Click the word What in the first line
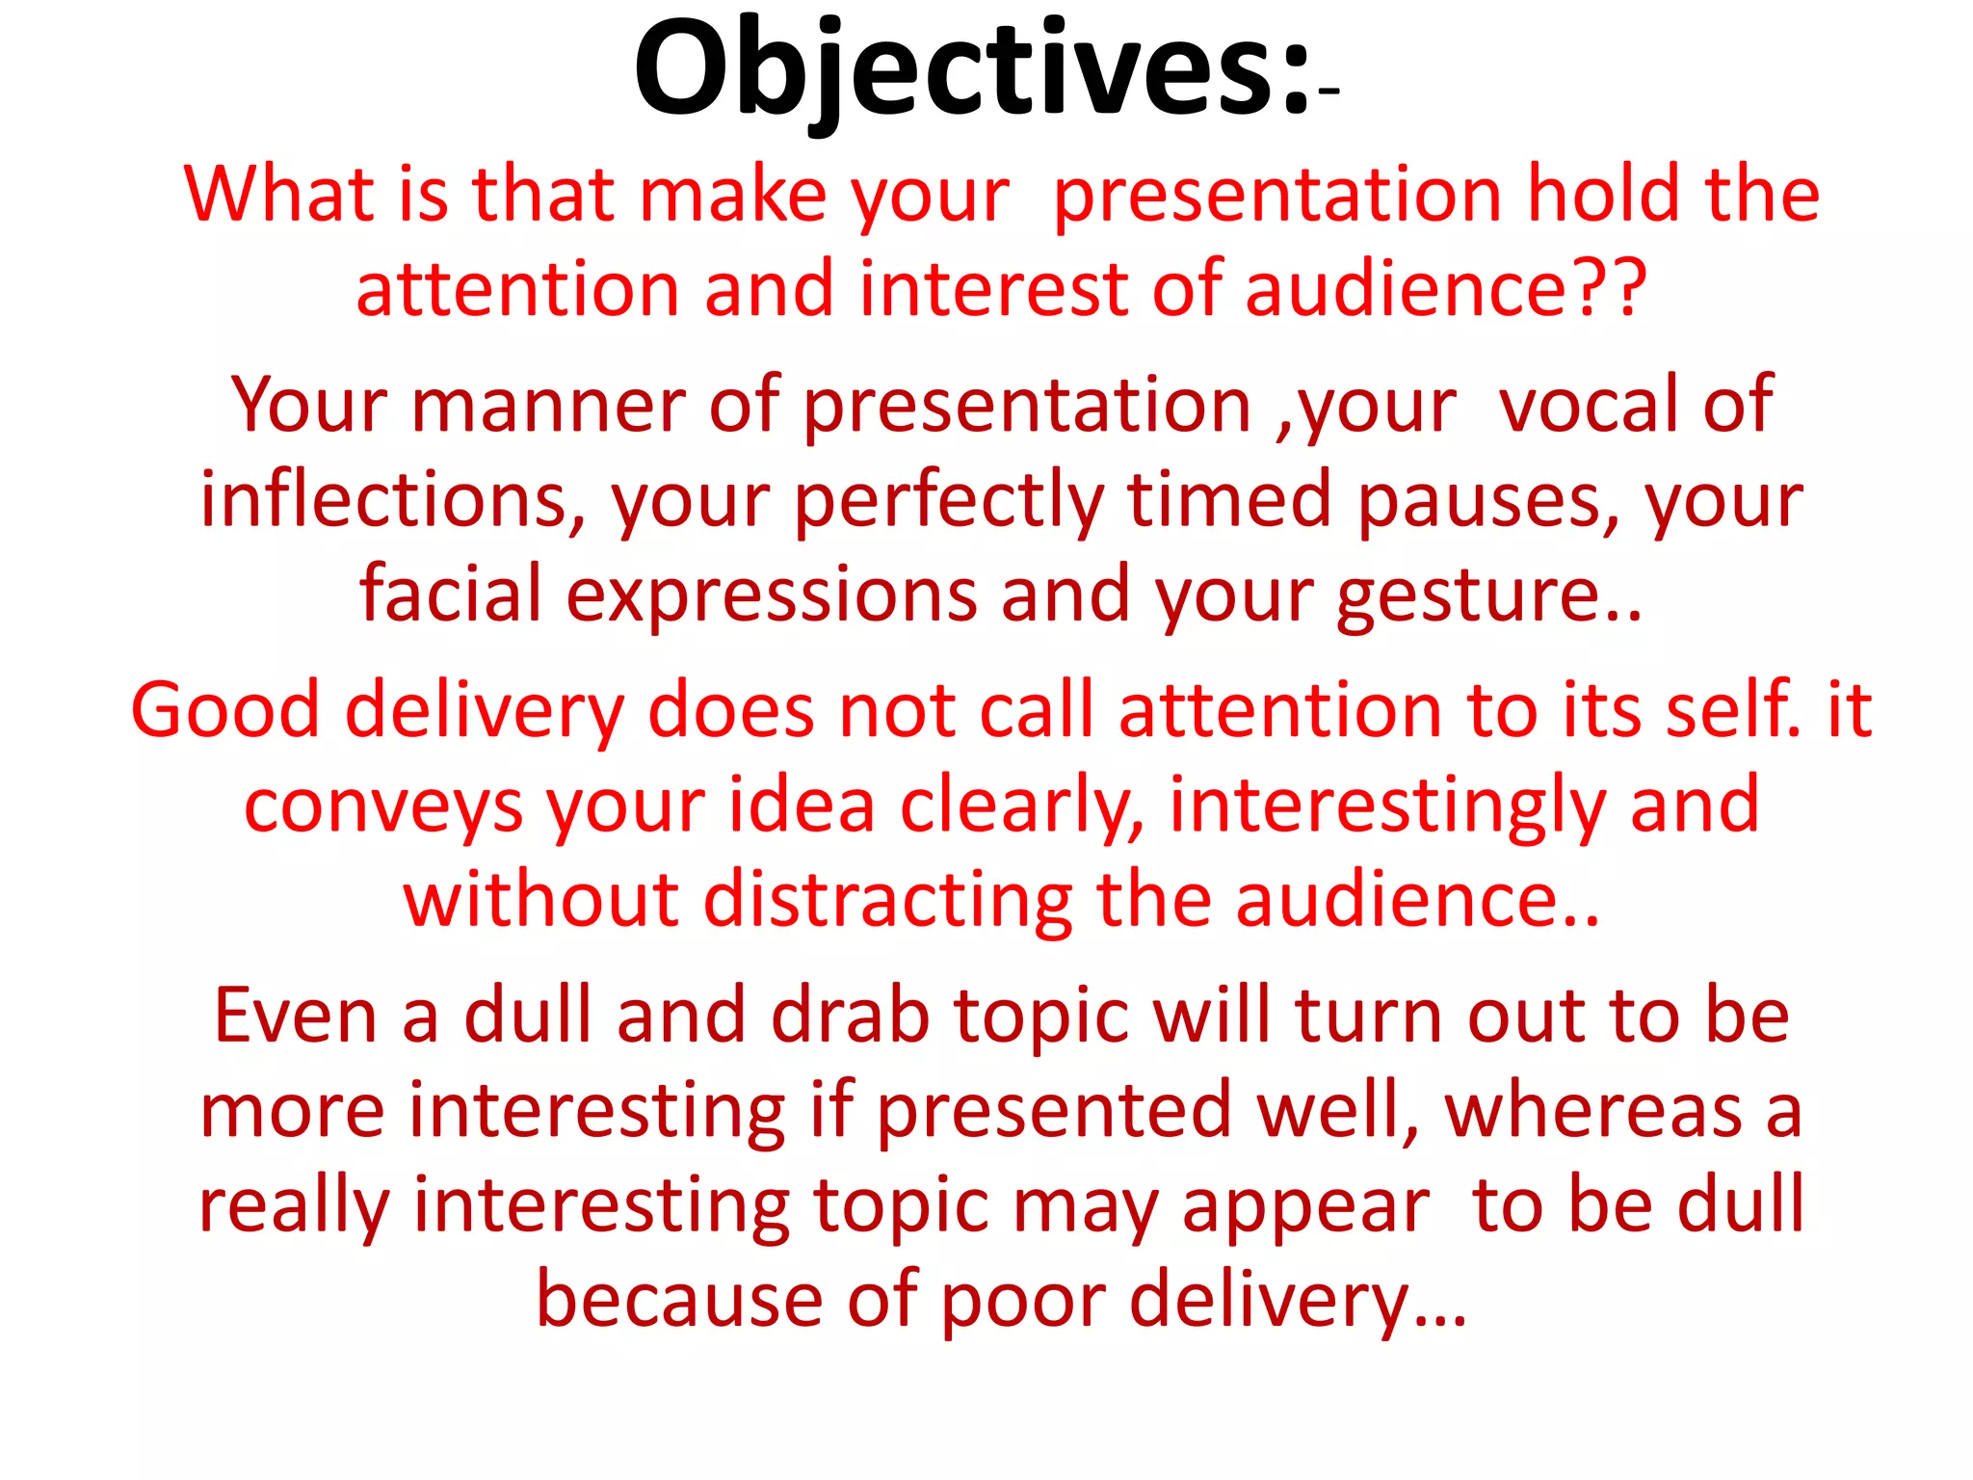pos(278,195)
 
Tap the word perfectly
pos(949,501)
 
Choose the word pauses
pos(1475,501)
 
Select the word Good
pos(224,710)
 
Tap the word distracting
pos(887,901)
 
